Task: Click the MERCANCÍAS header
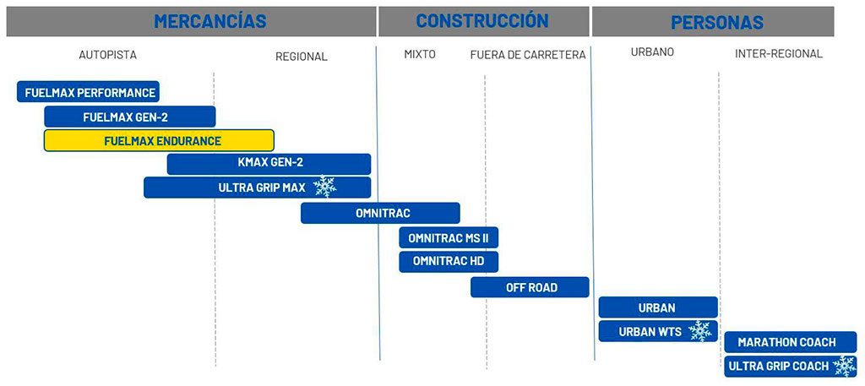click(210, 21)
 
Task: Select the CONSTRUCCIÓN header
click(482, 21)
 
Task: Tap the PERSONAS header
click(717, 22)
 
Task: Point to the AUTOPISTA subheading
click(107, 55)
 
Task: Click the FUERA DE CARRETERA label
click(528, 55)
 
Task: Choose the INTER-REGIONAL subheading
click(779, 54)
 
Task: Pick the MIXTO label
click(420, 54)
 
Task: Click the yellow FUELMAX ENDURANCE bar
click(159, 140)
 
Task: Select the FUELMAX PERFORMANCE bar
click(88, 92)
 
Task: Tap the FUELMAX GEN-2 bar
click(129, 117)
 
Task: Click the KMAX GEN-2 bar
click(269, 164)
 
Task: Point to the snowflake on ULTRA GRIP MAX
click(324, 188)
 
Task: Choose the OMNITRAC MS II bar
click(449, 237)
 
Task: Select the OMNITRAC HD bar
click(449, 261)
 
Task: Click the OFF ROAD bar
click(530, 287)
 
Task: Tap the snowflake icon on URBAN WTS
click(699, 331)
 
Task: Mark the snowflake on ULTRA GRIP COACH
click(845, 366)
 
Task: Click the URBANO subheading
click(653, 52)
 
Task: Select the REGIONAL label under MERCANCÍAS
click(302, 57)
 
